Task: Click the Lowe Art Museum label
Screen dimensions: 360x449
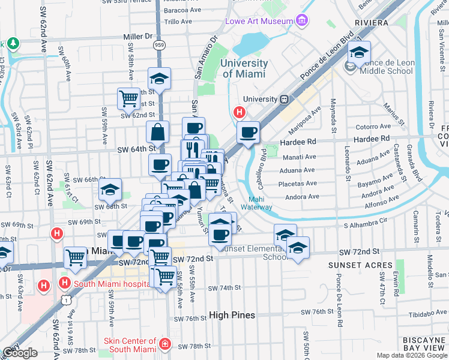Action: pos(259,22)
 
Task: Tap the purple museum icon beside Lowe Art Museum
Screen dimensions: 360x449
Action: pos(301,21)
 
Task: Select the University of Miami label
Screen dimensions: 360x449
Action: pos(244,68)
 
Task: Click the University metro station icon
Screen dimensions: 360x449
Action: pos(286,99)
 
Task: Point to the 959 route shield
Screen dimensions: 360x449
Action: pos(159,45)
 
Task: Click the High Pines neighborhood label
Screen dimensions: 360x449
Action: pos(232,315)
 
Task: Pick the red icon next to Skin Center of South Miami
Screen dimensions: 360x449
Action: pos(165,344)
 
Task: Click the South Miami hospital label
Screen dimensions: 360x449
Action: pos(107,283)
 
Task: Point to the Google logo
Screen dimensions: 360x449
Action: pos(20,353)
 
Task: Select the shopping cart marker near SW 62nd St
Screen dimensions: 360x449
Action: pos(128,98)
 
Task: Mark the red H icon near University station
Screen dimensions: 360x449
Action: pos(240,112)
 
